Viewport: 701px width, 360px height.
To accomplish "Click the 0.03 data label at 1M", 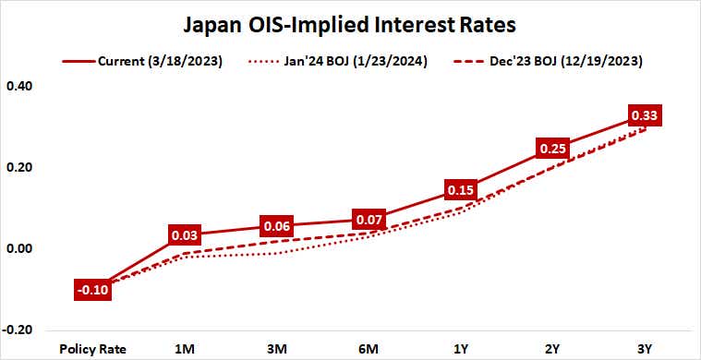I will (185, 234).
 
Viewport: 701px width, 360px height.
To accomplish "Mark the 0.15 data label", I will (460, 190).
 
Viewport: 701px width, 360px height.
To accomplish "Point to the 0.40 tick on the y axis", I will (19, 87).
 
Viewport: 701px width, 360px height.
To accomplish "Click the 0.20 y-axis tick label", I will (19, 168).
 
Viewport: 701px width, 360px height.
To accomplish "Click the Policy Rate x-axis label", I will (92, 349).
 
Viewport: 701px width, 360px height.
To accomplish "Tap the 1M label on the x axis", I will (185, 349).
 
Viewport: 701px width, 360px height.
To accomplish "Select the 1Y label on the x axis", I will (460, 349).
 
